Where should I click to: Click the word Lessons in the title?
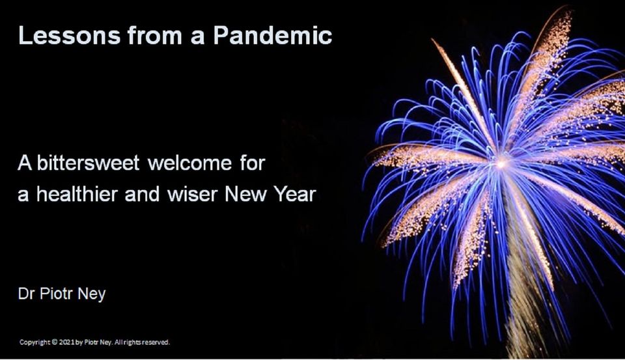tap(69, 35)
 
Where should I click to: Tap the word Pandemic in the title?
tap(273, 35)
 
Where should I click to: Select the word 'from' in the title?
tap(155, 35)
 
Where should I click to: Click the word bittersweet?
tap(88, 163)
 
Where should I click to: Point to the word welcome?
tap(189, 163)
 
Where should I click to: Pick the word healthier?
tap(77, 194)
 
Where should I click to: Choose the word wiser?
tap(193, 194)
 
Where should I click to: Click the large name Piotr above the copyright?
tap(56, 294)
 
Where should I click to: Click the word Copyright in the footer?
tap(35, 342)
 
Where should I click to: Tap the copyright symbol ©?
tap(54, 342)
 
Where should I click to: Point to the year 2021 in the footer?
tap(66, 342)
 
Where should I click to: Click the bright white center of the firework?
tap(501, 163)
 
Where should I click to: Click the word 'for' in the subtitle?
tap(253, 163)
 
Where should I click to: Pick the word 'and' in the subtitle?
tap(143, 194)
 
